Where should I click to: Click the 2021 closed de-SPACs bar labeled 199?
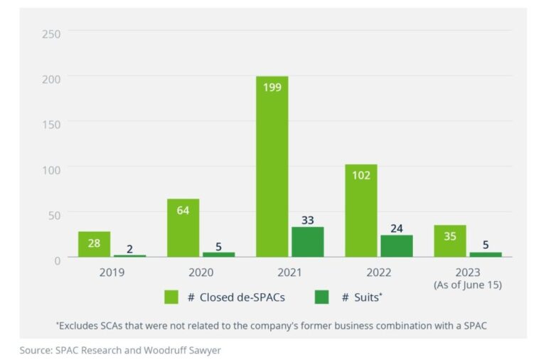point(272,166)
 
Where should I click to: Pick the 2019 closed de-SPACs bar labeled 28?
point(95,244)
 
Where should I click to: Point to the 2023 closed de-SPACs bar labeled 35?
point(450,241)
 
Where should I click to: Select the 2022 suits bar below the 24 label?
point(396,245)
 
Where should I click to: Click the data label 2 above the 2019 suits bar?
point(129,248)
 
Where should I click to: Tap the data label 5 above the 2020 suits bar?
point(218,246)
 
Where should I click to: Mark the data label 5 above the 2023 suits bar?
point(485,245)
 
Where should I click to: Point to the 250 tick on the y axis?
point(51,34)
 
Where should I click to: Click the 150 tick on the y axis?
point(51,125)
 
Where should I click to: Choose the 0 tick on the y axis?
point(57,260)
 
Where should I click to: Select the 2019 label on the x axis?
point(112,272)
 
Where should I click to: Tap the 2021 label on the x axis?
point(290,272)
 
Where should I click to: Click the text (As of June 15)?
point(468,285)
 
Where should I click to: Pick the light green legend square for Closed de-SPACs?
point(171,297)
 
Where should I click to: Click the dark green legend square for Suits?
point(321,297)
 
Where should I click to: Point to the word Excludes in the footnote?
point(80,325)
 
